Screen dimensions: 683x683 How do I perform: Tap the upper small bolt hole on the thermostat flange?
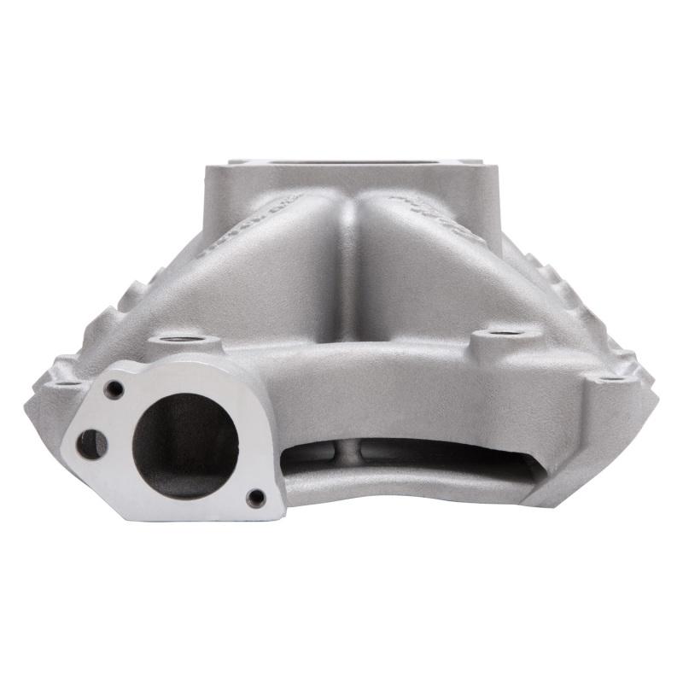pos(114,389)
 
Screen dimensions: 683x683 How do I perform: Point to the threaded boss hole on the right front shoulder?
pos(493,334)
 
